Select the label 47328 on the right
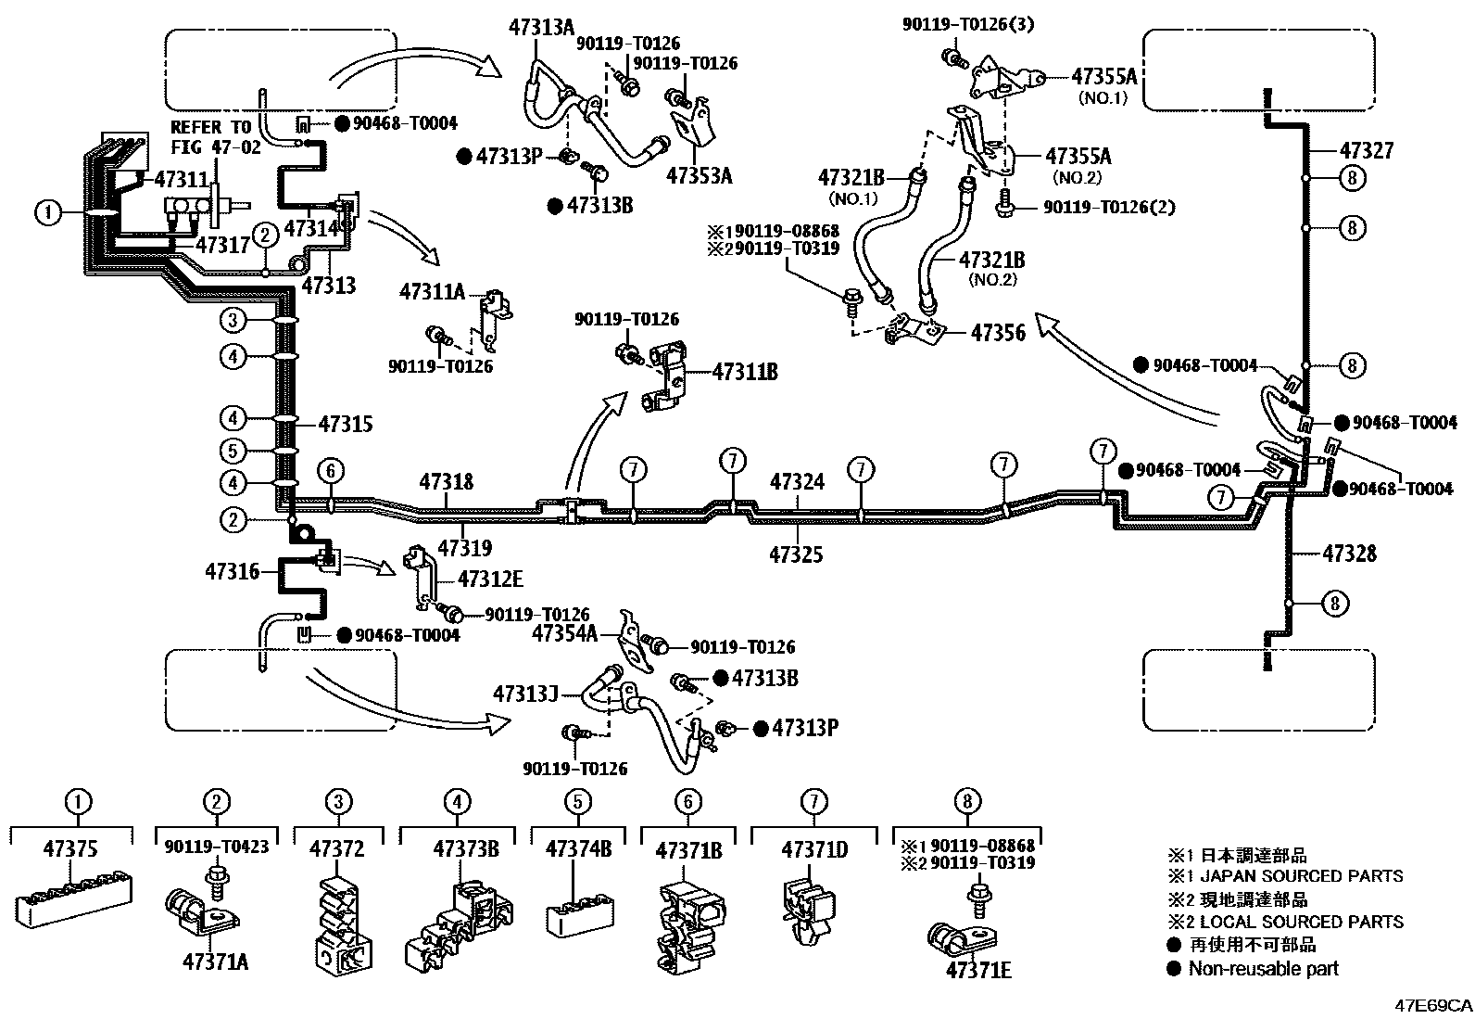coord(1349,554)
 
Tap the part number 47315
coord(345,424)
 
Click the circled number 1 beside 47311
coord(48,213)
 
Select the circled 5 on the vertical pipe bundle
coord(233,452)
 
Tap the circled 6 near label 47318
coord(331,471)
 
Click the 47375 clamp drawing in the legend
coord(74,897)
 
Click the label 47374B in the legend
coord(577,848)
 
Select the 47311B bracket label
coord(744,373)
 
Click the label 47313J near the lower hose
coord(524,694)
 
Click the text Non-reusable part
coord(1263,968)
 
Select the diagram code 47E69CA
coord(1432,1005)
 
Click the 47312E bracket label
coord(490,580)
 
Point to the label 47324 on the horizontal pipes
coord(797,481)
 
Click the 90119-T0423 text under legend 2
coord(217,847)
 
